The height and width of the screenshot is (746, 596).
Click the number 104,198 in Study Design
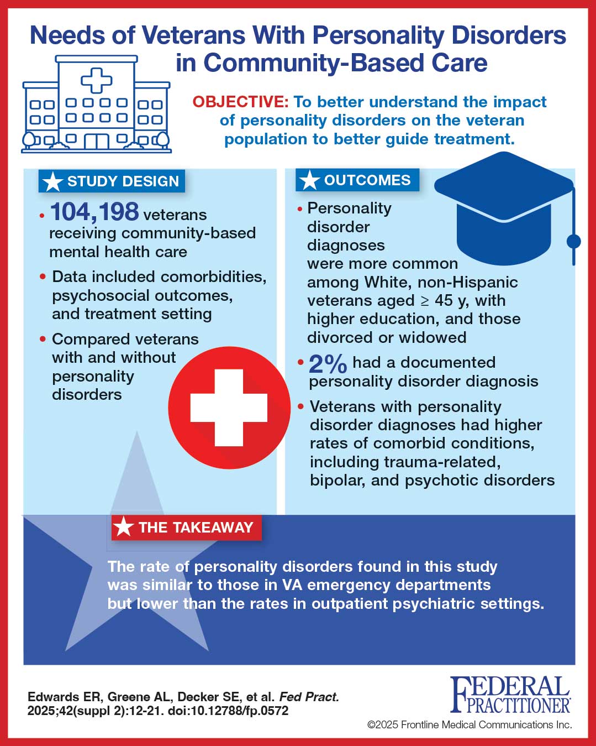tap(94, 212)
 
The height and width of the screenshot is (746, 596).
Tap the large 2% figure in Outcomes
tap(328, 364)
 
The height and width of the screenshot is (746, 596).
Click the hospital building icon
tap(96, 105)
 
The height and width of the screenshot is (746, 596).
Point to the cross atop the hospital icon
tap(96, 80)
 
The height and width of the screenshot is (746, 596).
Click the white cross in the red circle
tap(229, 408)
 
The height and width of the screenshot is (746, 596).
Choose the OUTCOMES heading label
tap(357, 180)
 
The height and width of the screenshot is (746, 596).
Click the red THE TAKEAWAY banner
tap(186, 528)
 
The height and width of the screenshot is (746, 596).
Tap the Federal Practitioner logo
tap(510, 695)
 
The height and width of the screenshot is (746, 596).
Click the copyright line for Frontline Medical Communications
tap(470, 724)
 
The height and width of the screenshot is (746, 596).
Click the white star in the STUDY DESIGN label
tap(52, 181)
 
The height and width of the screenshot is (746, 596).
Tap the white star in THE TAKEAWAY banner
tap(124, 528)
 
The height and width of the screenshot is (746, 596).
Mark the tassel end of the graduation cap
tap(574, 242)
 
